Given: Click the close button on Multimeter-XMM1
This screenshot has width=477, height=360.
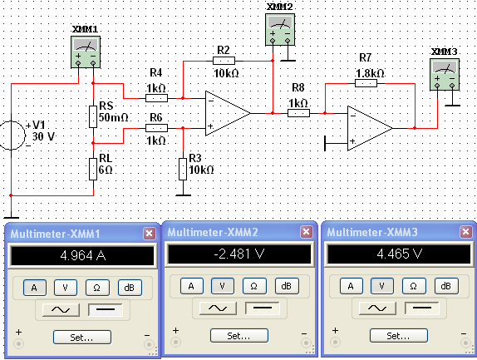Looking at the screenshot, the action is coord(149,234).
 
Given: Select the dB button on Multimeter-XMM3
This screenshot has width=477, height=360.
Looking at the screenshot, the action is coord(446,286).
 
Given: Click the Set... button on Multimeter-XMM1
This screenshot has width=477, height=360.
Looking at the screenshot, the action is coord(82,338).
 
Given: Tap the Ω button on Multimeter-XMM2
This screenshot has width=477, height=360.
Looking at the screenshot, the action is coord(254,286).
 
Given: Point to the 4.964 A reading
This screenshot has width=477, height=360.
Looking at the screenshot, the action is coord(83,255).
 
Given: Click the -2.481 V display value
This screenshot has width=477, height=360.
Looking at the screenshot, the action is coord(239,254).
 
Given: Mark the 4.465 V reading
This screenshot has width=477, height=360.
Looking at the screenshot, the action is coord(399,254).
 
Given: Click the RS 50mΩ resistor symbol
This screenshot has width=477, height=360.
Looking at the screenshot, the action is coord(93,116).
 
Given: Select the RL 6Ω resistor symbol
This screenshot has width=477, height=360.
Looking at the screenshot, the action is coord(93,169).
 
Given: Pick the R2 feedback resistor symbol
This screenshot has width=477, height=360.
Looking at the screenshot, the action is coord(224,61).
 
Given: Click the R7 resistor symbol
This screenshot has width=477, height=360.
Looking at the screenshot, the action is coord(366,83).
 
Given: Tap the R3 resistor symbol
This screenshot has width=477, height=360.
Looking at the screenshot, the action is coord(183,169).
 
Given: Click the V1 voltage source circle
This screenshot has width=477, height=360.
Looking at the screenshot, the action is coord(12,136).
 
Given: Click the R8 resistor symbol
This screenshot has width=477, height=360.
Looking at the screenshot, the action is coord(298,113).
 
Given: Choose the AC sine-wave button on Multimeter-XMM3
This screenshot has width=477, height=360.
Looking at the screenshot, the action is coord(377,308).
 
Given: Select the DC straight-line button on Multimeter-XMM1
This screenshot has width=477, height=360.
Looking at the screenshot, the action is coord(106,310).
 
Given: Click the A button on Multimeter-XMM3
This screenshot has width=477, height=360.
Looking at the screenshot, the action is coord(351,286).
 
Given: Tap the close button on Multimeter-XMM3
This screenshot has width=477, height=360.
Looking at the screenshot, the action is coord(465,232).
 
